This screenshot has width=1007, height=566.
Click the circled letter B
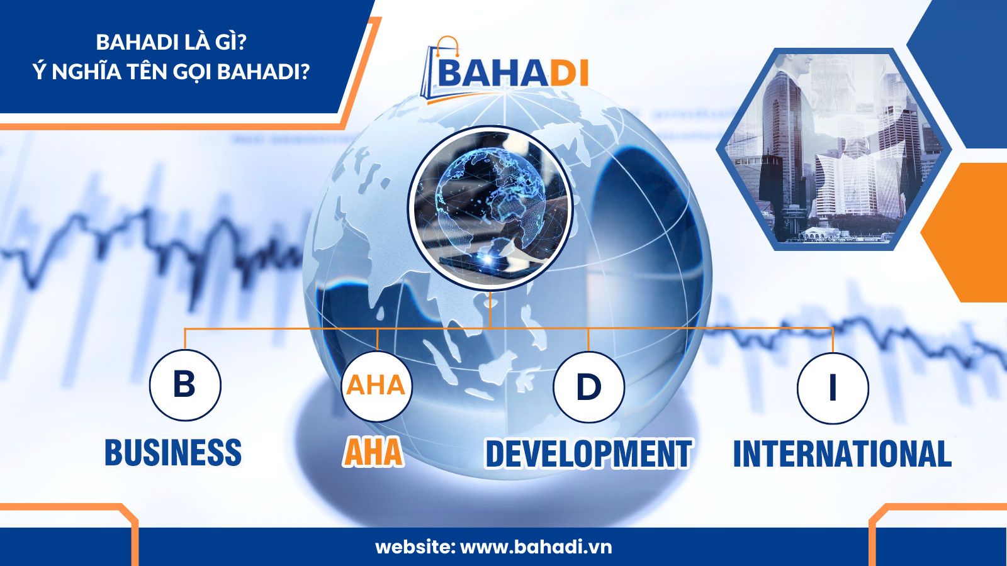pyautogui.click(x=185, y=385)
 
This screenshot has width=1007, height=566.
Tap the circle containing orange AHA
pyautogui.click(x=377, y=386)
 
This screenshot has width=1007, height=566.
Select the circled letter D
pyautogui.click(x=589, y=387)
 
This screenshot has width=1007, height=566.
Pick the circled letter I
pyautogui.click(x=833, y=388)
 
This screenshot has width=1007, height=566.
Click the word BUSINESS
pyautogui.click(x=173, y=452)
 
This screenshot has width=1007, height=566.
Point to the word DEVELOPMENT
pyautogui.click(x=588, y=453)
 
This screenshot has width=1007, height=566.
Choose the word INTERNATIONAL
pyautogui.click(x=843, y=453)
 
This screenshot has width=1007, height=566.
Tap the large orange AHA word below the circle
pyautogui.click(x=373, y=452)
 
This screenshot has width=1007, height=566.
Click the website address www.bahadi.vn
pyautogui.click(x=536, y=547)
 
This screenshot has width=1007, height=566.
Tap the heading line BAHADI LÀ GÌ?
pyautogui.click(x=171, y=43)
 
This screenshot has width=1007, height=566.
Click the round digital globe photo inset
pyautogui.click(x=490, y=208)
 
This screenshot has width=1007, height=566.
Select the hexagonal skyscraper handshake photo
pyautogui.click(x=833, y=148)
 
